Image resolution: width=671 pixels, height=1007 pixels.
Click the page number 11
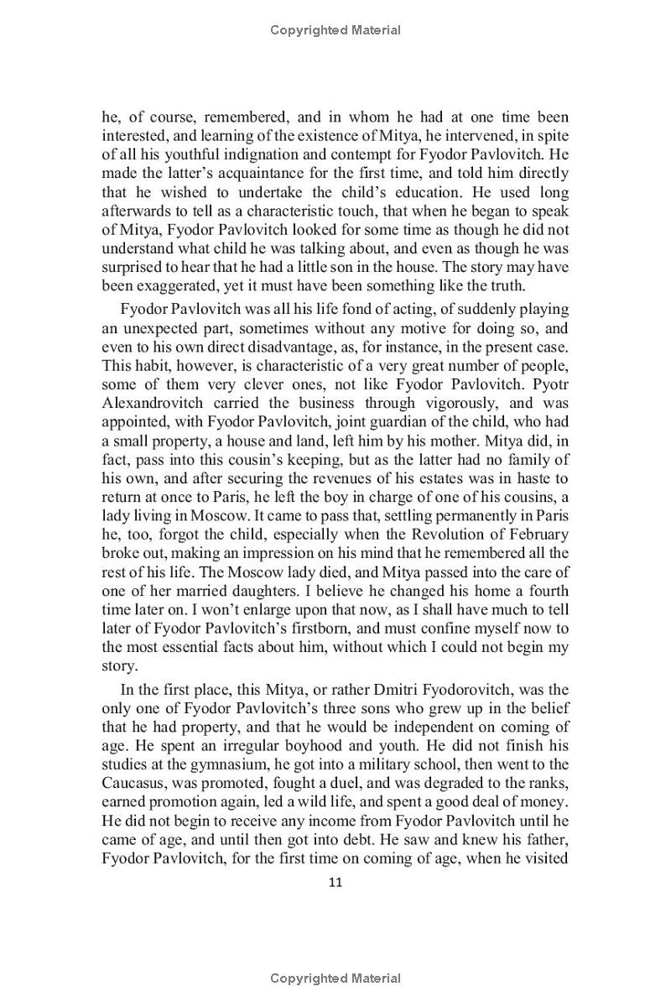335,881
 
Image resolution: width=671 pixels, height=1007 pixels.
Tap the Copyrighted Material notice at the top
335,30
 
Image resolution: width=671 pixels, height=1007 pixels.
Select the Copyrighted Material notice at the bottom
335,978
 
